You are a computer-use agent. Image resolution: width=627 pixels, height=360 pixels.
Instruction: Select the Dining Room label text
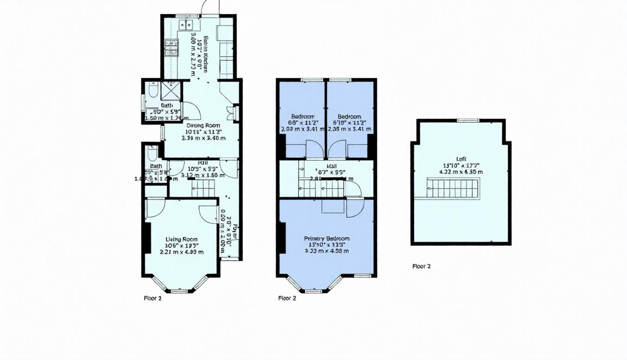tap(203, 125)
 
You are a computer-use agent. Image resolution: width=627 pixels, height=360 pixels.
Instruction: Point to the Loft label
tap(461, 159)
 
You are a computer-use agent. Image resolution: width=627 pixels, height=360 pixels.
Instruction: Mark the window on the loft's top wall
tap(467, 121)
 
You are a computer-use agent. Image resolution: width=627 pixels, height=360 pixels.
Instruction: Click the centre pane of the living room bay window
tap(179, 291)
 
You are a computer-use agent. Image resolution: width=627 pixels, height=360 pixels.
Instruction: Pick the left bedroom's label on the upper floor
tap(303, 116)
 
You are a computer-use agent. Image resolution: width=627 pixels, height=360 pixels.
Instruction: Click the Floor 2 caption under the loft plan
tap(421, 266)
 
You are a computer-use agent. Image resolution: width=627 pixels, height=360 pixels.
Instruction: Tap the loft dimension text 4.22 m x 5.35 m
tap(461, 172)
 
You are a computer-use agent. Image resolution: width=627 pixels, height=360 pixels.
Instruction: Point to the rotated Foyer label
tap(235, 232)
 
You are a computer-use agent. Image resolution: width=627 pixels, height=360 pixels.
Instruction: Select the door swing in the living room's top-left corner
tap(155, 207)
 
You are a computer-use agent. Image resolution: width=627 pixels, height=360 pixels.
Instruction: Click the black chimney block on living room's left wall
tap(146, 238)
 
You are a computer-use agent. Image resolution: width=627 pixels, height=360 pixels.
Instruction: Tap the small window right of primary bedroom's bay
tap(362, 276)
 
